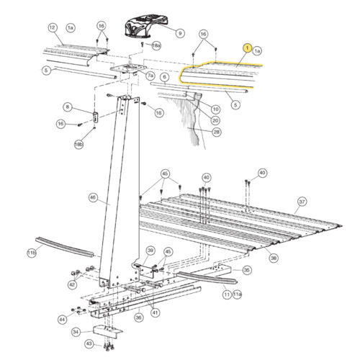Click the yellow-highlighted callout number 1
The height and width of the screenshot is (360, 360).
click(x=247, y=48)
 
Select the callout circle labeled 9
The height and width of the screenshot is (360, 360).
click(x=180, y=32)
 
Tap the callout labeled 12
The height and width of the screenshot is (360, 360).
click(x=52, y=27)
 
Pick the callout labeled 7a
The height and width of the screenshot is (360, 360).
click(x=150, y=75)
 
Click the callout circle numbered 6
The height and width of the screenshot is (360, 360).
click(x=164, y=77)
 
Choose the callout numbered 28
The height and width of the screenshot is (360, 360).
click(x=216, y=132)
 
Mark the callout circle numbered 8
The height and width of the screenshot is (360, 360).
click(x=67, y=107)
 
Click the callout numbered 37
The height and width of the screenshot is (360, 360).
click(x=302, y=202)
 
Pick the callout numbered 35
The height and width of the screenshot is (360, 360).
click(x=247, y=271)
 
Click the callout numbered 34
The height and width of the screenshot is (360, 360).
click(x=76, y=333)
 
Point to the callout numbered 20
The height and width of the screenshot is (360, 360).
click(x=216, y=120)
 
